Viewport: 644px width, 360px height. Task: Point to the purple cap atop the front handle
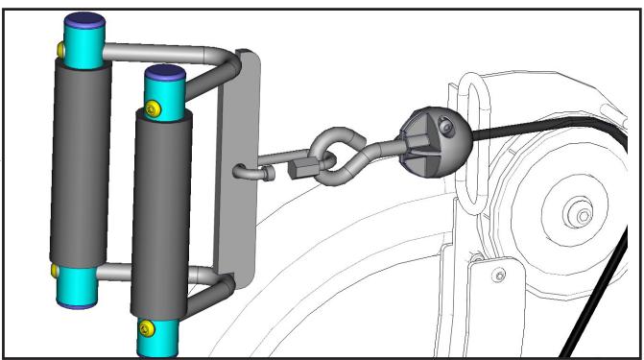pos(163,73)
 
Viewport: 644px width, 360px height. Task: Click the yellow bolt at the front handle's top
pos(156,111)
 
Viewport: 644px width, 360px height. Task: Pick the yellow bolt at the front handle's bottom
pos(145,330)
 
